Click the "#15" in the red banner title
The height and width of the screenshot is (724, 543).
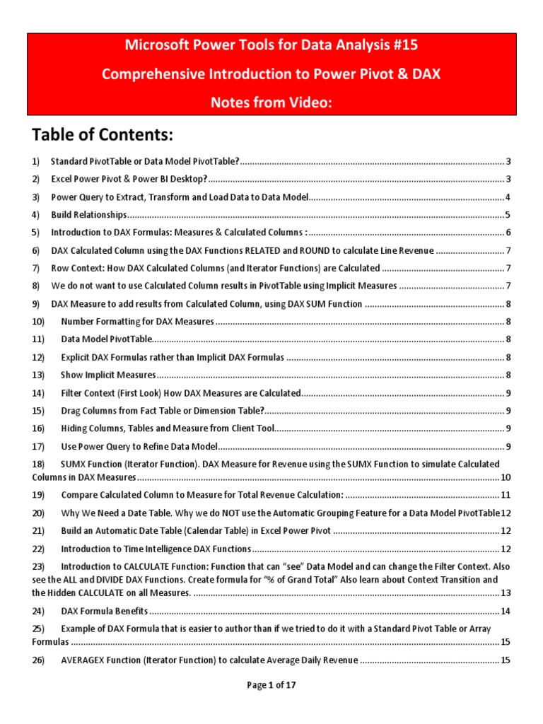point(404,45)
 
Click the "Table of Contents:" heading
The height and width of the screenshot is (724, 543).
point(103,134)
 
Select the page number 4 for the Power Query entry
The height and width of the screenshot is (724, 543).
point(508,197)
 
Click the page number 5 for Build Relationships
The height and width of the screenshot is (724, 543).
point(508,215)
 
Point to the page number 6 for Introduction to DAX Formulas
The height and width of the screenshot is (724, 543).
point(508,233)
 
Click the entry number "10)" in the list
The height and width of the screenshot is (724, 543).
point(38,322)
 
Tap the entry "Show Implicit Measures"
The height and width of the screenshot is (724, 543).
point(108,375)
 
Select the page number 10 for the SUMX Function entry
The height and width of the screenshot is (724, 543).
point(506,477)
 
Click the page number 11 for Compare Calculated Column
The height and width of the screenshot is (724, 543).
point(506,494)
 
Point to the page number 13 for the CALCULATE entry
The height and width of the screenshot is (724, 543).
point(506,592)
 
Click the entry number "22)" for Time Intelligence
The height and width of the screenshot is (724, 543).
point(38,549)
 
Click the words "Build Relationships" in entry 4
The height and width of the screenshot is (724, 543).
point(88,215)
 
